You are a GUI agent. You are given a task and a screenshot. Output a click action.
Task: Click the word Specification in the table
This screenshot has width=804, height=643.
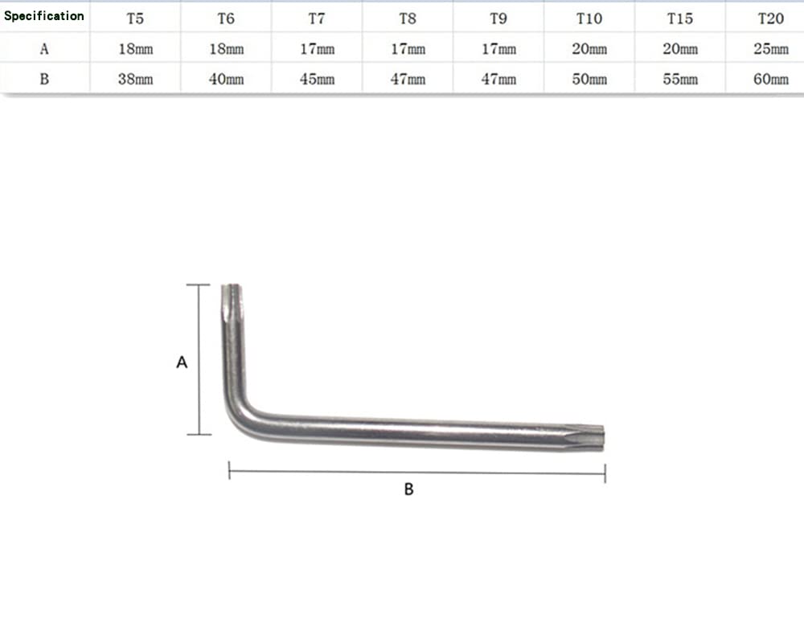(44, 16)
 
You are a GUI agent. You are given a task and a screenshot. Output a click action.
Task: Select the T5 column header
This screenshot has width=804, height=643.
(135, 18)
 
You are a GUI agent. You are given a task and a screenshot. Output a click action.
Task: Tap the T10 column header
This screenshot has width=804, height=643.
(589, 18)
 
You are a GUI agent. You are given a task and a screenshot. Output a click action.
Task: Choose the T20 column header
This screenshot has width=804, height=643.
(771, 18)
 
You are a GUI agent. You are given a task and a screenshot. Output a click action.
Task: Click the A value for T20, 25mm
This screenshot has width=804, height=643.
(771, 49)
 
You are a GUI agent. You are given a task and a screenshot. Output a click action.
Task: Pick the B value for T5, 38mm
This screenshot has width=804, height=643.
(135, 79)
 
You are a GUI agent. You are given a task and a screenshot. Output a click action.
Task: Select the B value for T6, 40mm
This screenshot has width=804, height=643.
(226, 79)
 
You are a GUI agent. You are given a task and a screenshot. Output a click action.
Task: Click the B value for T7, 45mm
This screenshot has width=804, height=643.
(317, 79)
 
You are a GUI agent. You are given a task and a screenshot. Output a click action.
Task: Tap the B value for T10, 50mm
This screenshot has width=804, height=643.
(589, 79)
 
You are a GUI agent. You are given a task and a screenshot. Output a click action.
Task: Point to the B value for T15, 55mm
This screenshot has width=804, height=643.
(680, 79)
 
